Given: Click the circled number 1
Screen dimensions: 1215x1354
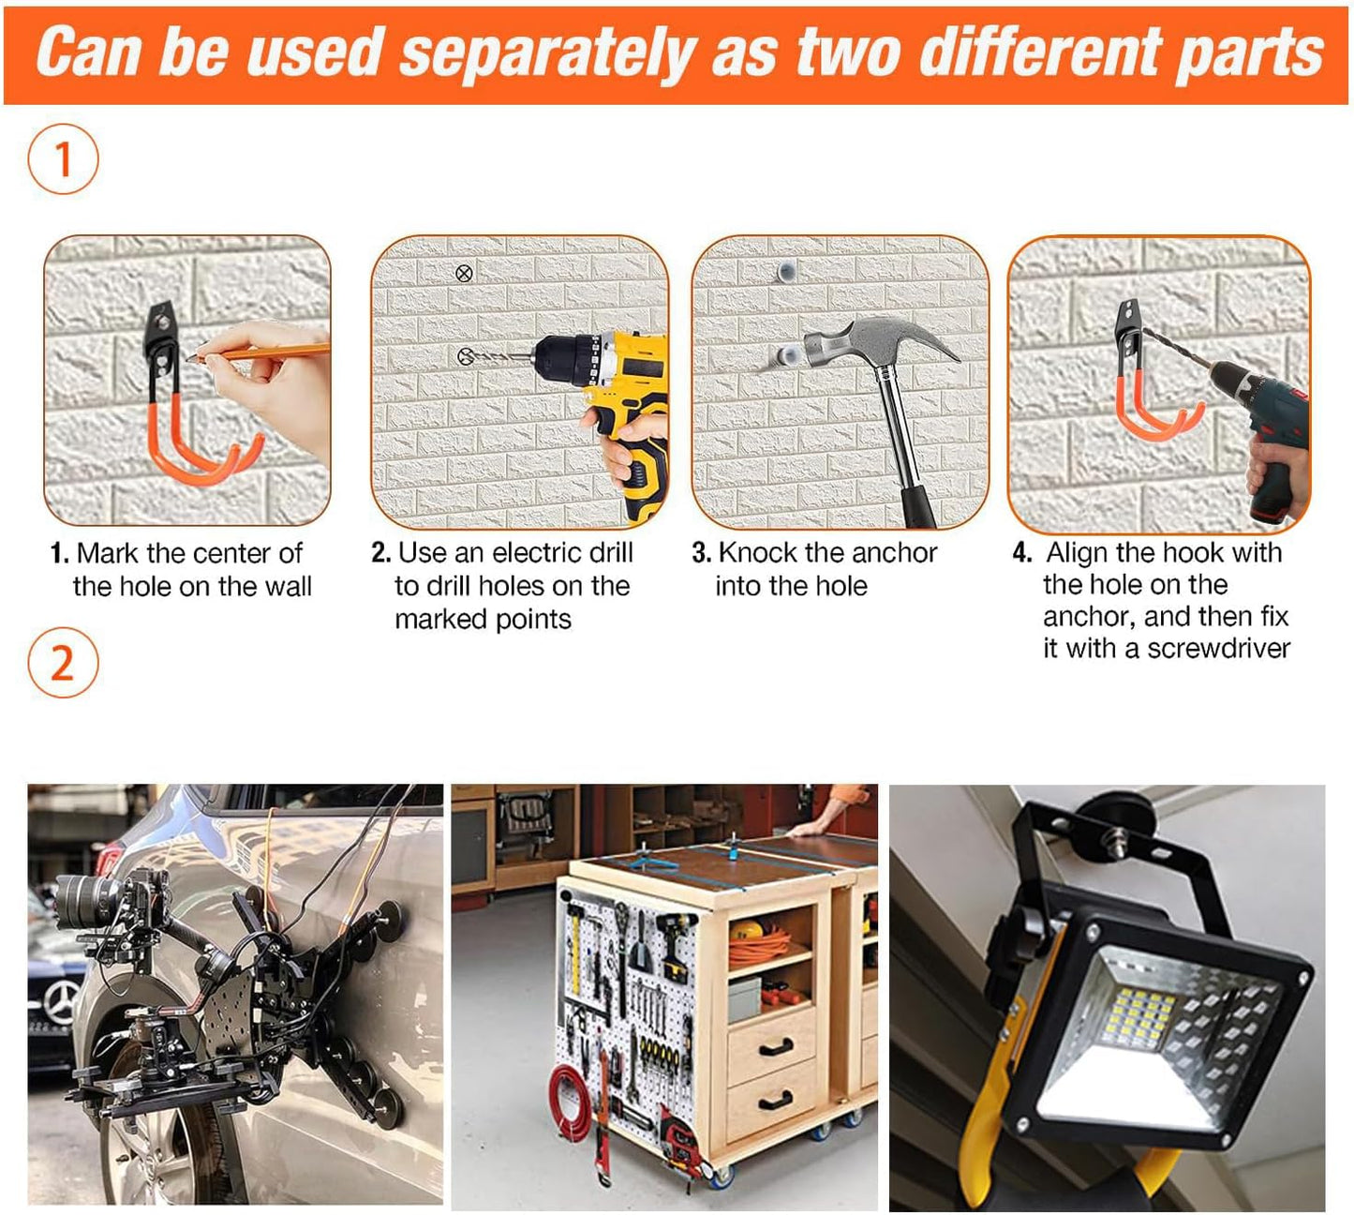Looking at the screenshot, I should click(63, 159).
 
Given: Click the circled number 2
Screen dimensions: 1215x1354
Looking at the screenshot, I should click(63, 663).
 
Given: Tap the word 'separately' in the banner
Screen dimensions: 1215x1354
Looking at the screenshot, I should click(548, 52).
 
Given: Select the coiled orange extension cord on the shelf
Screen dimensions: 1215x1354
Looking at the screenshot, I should click(760, 948).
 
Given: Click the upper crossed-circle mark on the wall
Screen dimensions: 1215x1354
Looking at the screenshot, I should click(464, 273).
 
